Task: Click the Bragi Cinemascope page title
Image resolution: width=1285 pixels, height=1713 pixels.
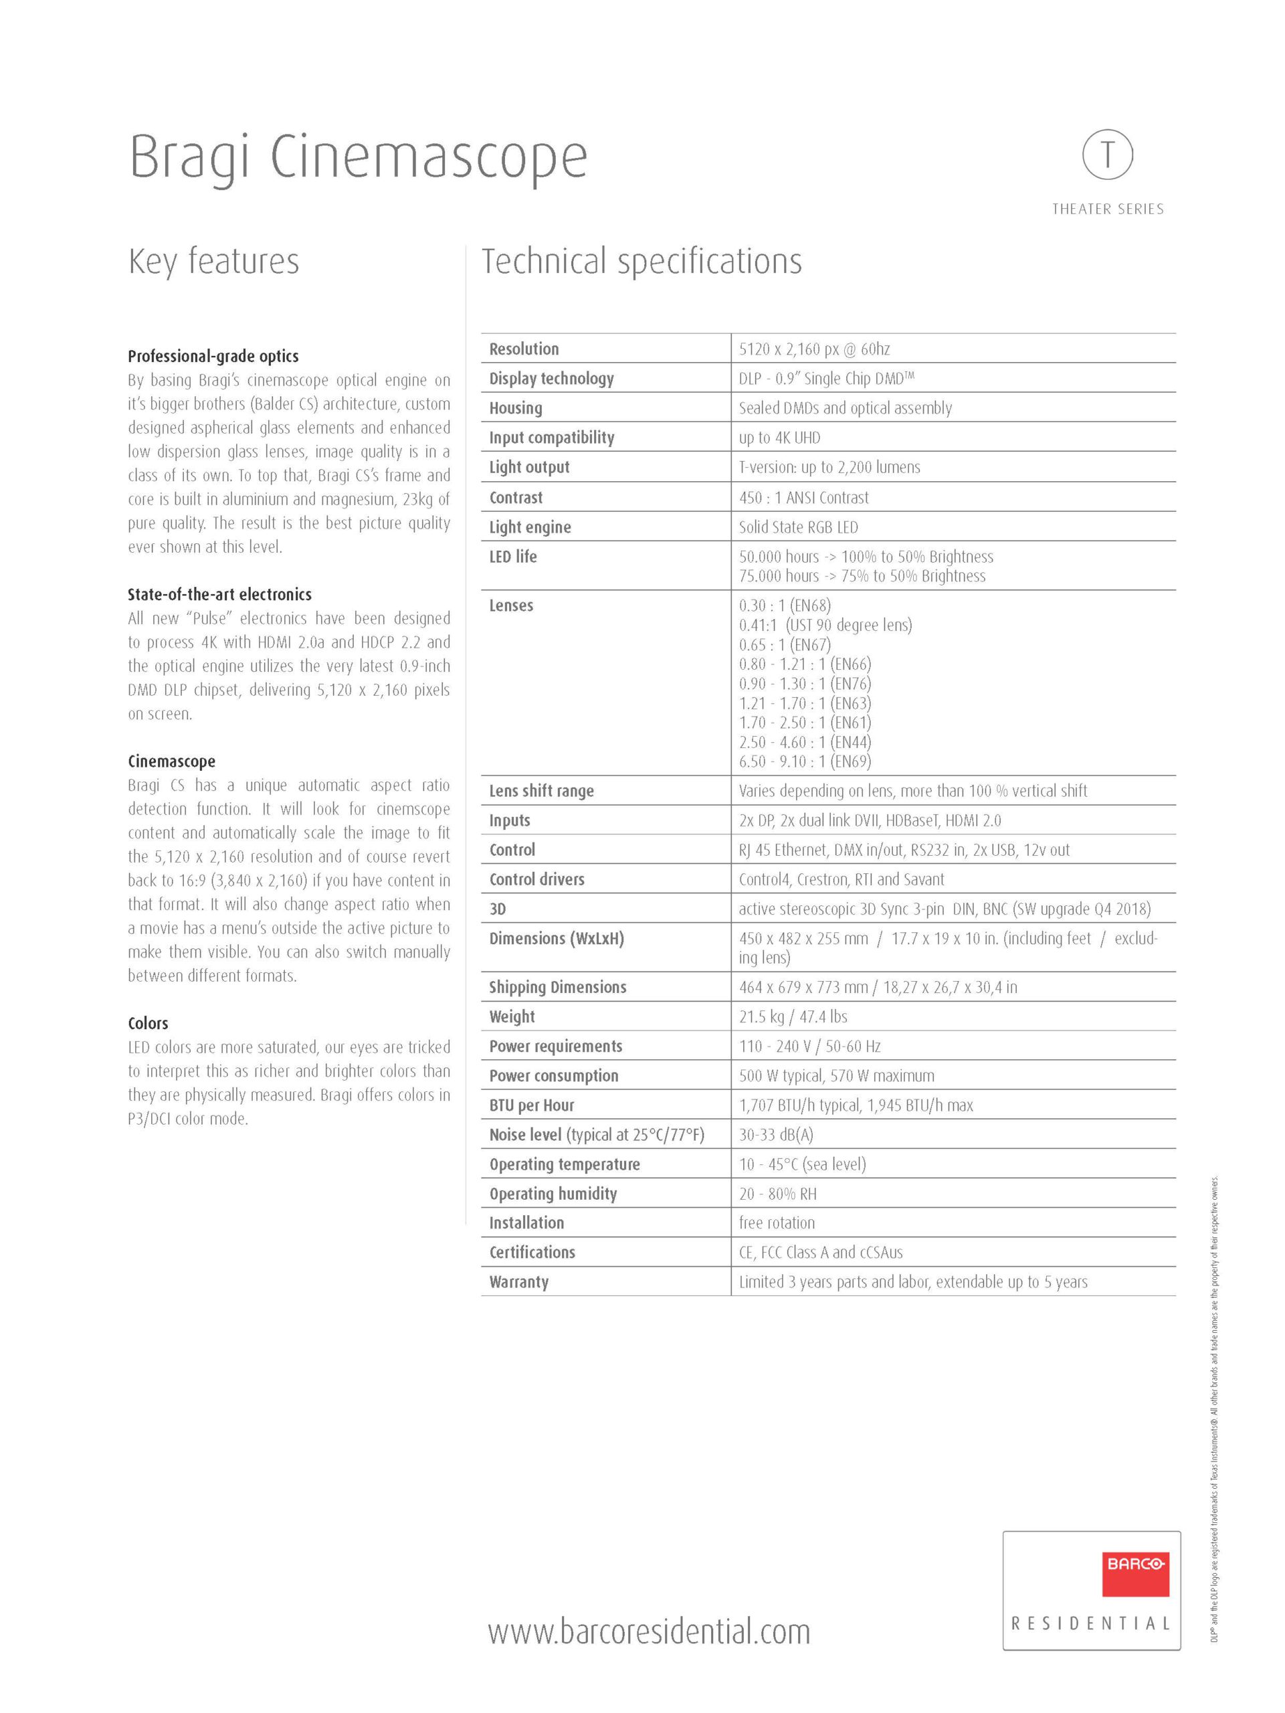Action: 358,157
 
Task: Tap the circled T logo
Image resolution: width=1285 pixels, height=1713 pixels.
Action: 1107,155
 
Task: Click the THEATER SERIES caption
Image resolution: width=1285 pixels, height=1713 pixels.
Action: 1107,209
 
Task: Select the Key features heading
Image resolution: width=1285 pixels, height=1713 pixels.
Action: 213,261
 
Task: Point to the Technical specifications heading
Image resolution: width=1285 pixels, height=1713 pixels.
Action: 641,261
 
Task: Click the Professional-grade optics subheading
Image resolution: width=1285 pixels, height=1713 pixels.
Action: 213,356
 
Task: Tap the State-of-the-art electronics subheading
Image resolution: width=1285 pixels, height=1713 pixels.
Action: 219,594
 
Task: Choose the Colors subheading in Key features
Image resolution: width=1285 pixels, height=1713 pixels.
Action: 148,1023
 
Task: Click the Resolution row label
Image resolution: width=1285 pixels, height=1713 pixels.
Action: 523,349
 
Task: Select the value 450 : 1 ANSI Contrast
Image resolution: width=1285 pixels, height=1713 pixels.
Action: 803,497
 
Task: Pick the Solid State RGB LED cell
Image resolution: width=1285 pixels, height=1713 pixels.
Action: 797,527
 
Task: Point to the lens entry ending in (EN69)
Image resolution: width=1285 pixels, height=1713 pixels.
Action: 804,761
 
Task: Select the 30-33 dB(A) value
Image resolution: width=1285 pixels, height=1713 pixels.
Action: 776,1134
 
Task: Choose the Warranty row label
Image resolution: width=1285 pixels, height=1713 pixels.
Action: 518,1281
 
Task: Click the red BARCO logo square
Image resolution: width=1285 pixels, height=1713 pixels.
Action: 1134,1574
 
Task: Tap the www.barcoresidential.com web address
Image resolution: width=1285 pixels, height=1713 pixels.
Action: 649,1631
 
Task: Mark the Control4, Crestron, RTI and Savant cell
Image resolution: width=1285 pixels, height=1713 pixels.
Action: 841,879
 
